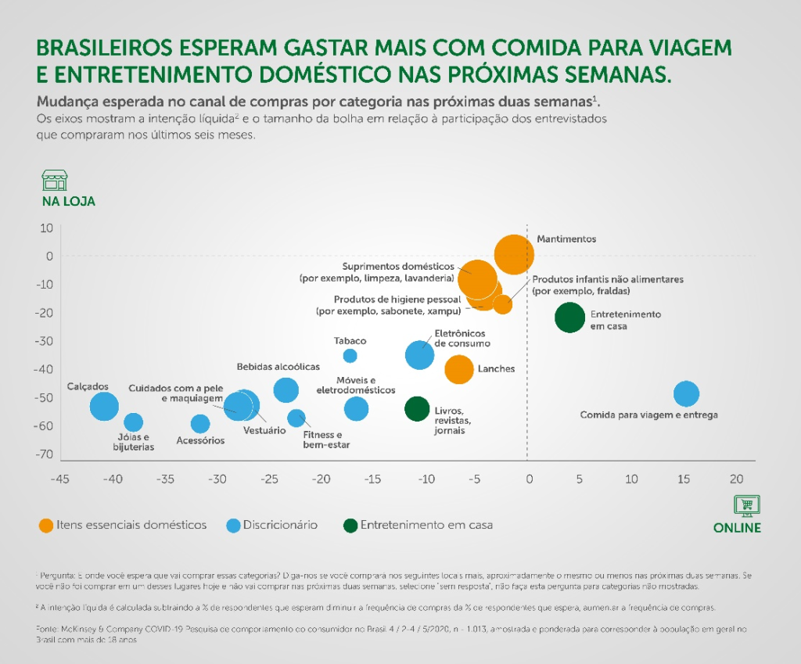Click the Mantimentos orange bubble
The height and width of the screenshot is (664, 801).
[514, 254]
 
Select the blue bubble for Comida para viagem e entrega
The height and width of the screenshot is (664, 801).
[686, 393]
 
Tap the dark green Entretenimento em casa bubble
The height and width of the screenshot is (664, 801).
[570, 318]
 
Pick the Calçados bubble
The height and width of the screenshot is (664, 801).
[104, 405]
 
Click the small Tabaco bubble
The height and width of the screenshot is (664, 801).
[350, 356]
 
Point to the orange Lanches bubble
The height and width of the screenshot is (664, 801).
[459, 369]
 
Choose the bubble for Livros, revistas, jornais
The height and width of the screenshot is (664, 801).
[417, 408]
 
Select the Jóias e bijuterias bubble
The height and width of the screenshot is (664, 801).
[134, 423]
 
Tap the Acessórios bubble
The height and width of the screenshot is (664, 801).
[200, 424]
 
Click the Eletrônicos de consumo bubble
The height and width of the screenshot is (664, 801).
[420, 354]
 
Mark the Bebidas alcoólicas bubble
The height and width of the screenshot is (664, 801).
[286, 389]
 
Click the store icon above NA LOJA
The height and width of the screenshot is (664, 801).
[55, 181]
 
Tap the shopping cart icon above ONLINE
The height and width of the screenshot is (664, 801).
[747, 505]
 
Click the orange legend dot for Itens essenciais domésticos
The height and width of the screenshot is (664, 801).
[46, 526]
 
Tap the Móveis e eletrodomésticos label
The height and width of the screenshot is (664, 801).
[355, 385]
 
